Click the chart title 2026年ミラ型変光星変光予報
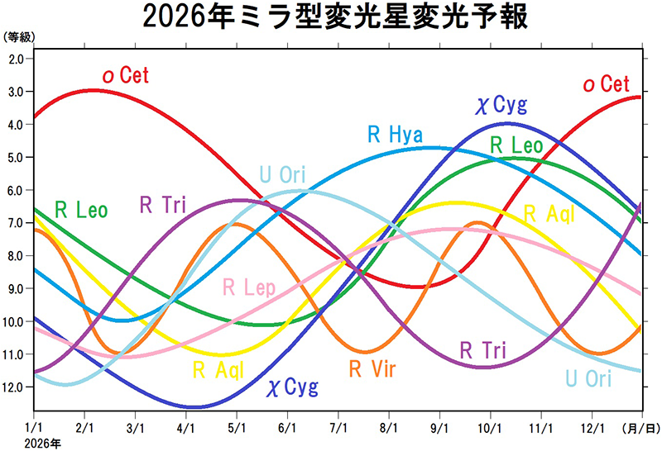[335, 17]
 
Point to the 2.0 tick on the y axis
[16, 59]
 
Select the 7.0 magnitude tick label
[16, 223]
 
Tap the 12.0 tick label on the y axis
[14, 387]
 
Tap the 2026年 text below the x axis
[40, 444]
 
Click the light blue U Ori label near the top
[282, 175]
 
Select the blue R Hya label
[396, 135]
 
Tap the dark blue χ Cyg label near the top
[501, 104]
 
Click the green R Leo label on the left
[80, 210]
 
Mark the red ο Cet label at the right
[607, 84]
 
